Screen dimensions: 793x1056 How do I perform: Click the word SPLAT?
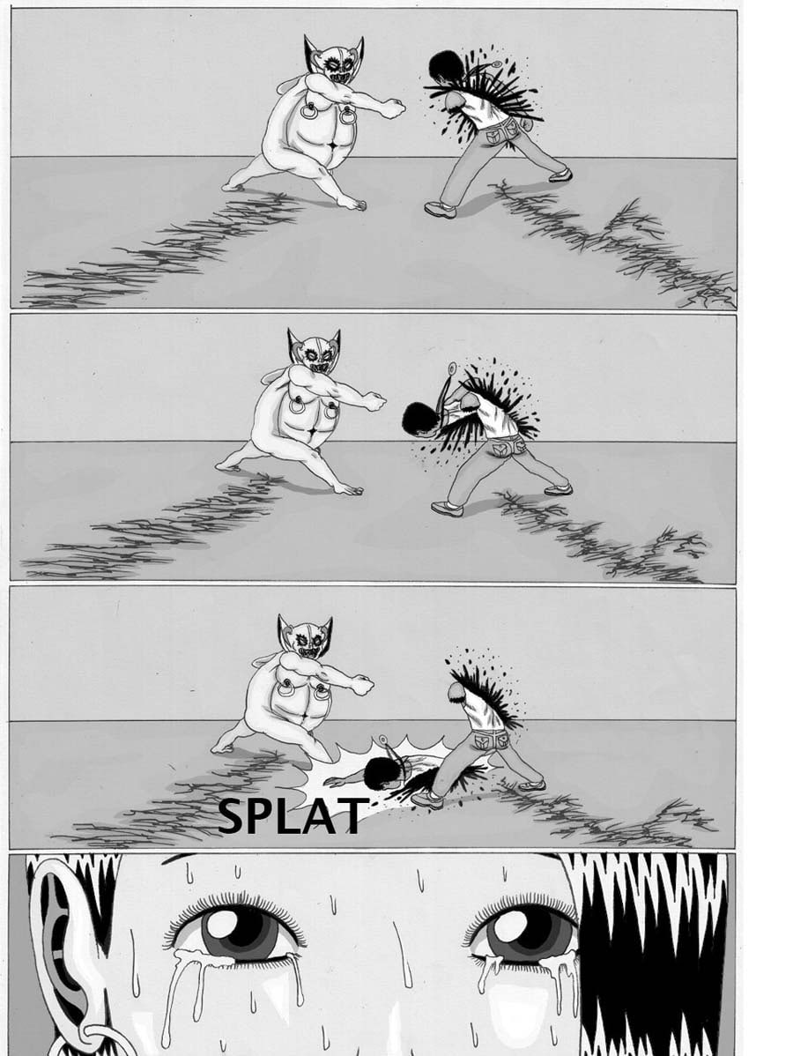(x=293, y=815)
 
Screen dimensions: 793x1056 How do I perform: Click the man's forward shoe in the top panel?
(x=441, y=209)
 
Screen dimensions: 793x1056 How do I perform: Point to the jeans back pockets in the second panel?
(x=509, y=447)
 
